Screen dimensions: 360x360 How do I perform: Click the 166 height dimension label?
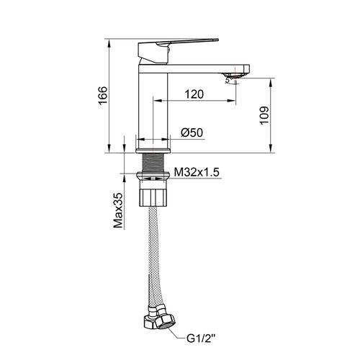103,96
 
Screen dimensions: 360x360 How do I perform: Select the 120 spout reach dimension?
194,94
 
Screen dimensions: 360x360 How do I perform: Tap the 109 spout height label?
264,115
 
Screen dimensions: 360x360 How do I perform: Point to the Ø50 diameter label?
192,132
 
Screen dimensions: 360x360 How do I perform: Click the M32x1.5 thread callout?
197,172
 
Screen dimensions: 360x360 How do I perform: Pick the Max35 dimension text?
118,211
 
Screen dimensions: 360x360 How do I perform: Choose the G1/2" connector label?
201,339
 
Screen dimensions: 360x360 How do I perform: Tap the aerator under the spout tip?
233,76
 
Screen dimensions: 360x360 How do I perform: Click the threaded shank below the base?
153,163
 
